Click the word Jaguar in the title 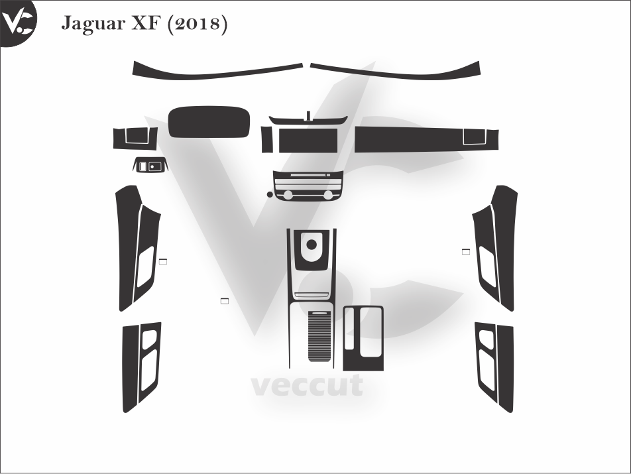coord(93,24)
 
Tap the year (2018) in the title coord(197,24)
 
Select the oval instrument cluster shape coord(209,122)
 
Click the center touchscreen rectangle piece coord(308,140)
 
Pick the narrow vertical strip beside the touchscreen coord(266,139)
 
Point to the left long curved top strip coord(217,70)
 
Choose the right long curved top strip coord(396,70)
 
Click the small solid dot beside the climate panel coord(270,194)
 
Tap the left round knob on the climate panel coord(288,195)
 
